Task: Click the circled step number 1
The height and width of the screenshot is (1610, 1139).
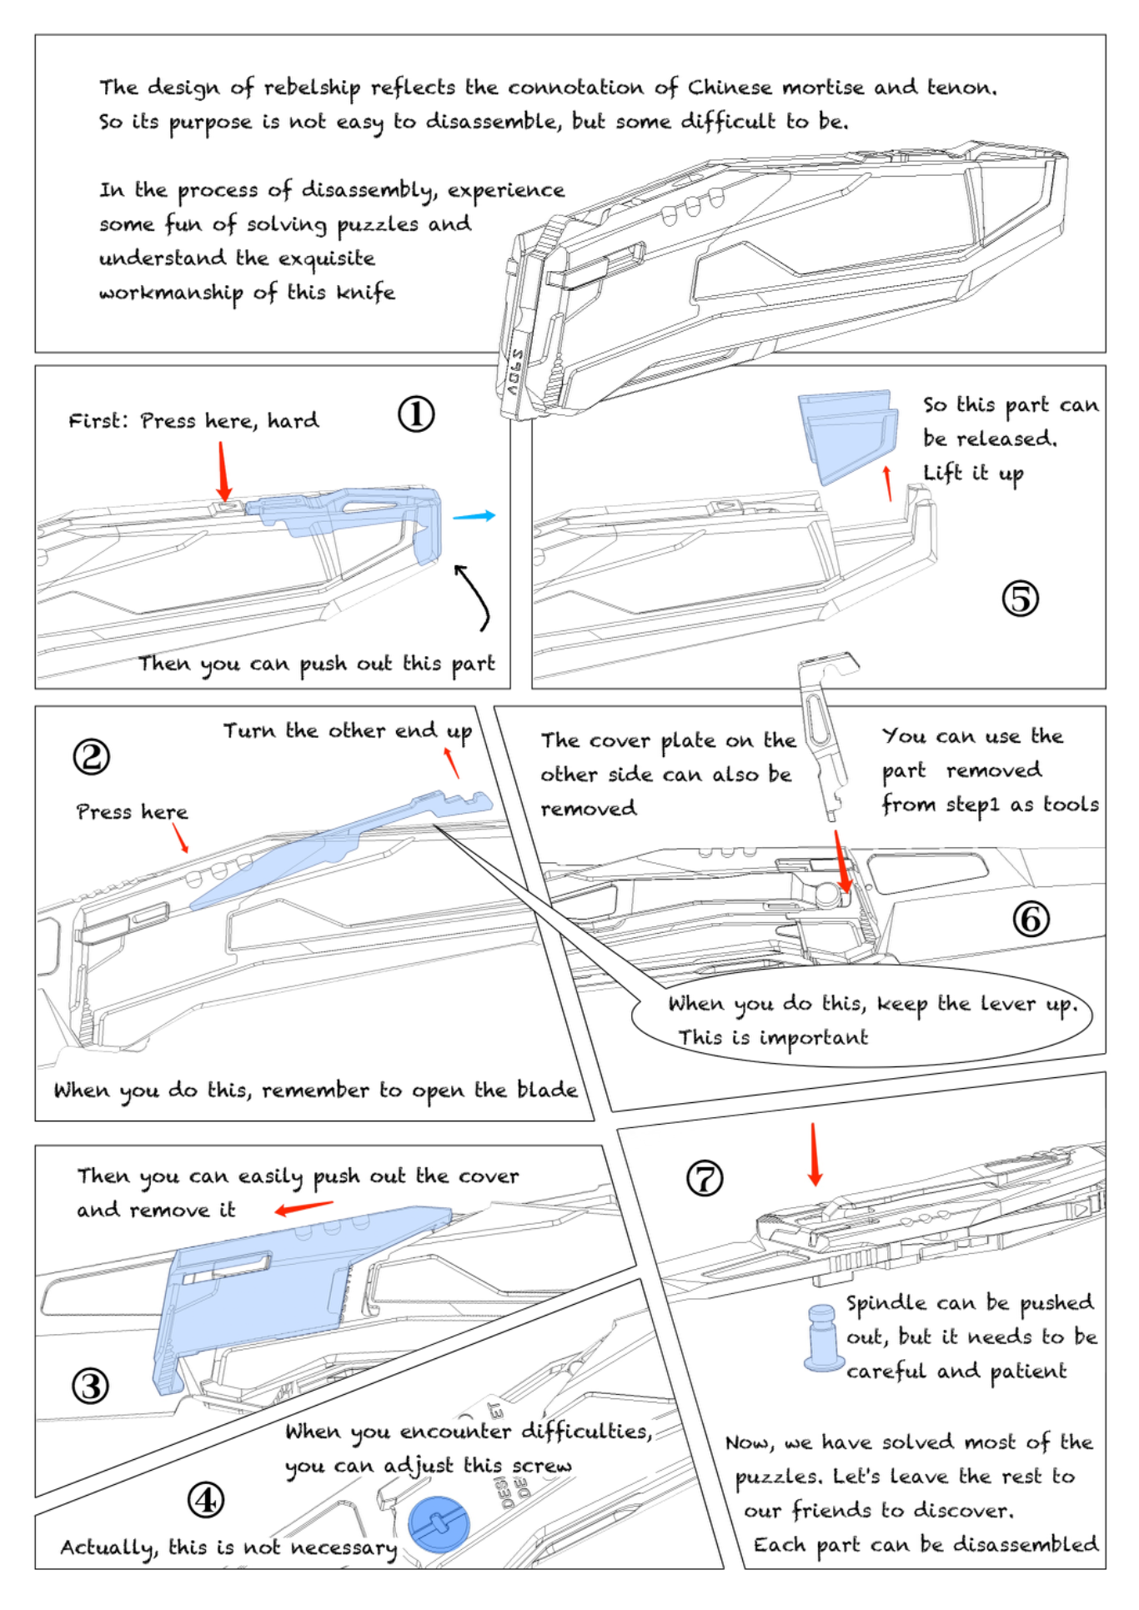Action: pyautogui.click(x=416, y=414)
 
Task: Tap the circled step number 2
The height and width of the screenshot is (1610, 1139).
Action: pyautogui.click(x=91, y=756)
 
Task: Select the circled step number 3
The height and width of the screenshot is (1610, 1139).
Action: pyautogui.click(x=90, y=1386)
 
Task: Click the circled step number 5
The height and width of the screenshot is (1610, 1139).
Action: pyautogui.click(x=1020, y=598)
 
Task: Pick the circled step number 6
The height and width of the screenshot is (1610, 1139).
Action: pyautogui.click(x=1031, y=919)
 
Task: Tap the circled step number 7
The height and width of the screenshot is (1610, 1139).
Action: pyautogui.click(x=705, y=1178)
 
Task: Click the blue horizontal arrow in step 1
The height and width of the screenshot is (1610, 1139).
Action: pyautogui.click(x=474, y=516)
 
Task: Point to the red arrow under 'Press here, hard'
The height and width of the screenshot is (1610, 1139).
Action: pyautogui.click(x=223, y=471)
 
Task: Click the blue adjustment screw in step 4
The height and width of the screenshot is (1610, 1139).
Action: pyautogui.click(x=439, y=1523)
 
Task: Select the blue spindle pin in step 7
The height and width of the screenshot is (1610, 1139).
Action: pyautogui.click(x=821, y=1337)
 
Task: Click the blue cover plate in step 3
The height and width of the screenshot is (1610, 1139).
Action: pyautogui.click(x=267, y=1301)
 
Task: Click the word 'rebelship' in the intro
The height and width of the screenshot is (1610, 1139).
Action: pyautogui.click(x=312, y=88)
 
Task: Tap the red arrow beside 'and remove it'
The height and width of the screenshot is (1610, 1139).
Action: pyautogui.click(x=304, y=1207)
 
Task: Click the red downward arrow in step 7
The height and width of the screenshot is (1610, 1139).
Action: pyautogui.click(x=815, y=1154)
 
